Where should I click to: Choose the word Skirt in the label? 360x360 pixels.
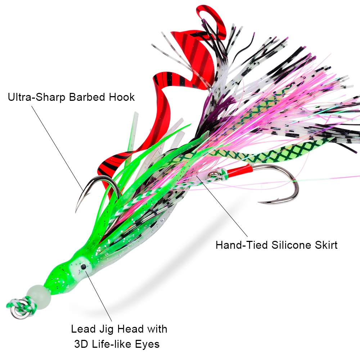click(327, 245)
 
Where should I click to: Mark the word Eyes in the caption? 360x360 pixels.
click(148, 345)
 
